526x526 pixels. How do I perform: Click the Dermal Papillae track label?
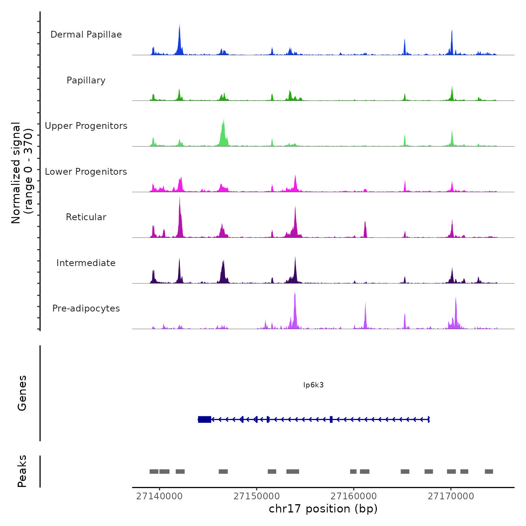pyautogui.click(x=86, y=35)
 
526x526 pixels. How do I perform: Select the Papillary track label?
pyautogui.click(x=86, y=80)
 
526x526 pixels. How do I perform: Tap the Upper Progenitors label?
pyautogui.click(x=86, y=126)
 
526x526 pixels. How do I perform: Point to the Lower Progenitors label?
pyautogui.click(x=86, y=172)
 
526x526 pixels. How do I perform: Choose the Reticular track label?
pyautogui.click(x=86, y=217)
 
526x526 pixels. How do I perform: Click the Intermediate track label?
pyautogui.click(x=86, y=263)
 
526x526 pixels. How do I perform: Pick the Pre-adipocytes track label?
pyautogui.click(x=86, y=308)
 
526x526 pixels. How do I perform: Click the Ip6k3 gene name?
pyautogui.click(x=313, y=385)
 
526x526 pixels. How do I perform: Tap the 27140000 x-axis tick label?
pyautogui.click(x=159, y=496)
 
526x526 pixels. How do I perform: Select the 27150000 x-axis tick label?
pyautogui.click(x=257, y=496)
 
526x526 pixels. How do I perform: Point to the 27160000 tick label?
pyautogui.click(x=354, y=496)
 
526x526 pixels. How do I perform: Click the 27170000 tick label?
pyautogui.click(x=451, y=496)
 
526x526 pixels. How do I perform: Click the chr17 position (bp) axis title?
pyautogui.click(x=323, y=509)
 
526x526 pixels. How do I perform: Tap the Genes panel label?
pyautogui.click(x=22, y=393)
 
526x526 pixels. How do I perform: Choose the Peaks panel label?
pyautogui.click(x=22, y=471)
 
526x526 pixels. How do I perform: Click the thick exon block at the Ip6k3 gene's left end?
pyautogui.click(x=204, y=419)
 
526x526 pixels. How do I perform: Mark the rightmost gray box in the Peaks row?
pyautogui.click(x=489, y=472)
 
